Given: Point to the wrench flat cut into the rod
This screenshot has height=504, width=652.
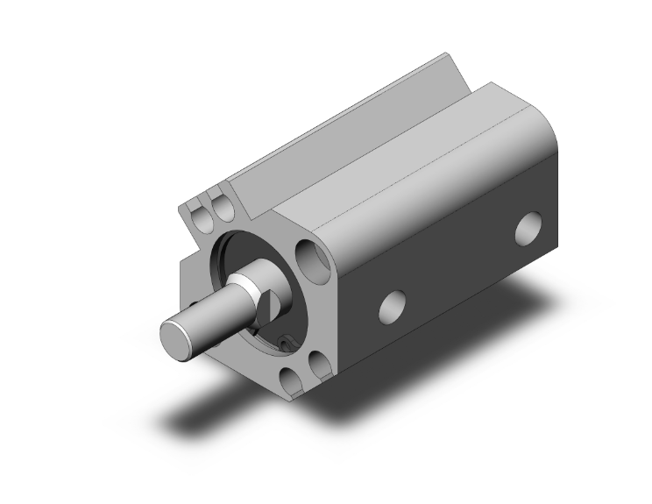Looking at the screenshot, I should (268, 304).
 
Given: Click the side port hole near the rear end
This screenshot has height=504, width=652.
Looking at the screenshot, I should (528, 227).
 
